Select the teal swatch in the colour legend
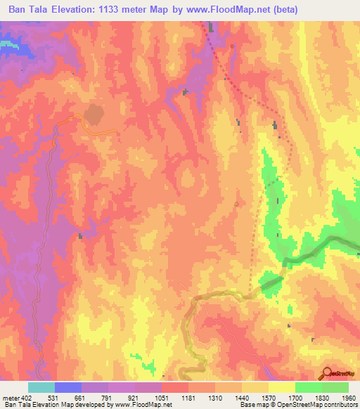41,387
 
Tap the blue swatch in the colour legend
68,387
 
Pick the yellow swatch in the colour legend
281,387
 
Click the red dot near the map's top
233,47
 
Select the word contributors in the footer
340,405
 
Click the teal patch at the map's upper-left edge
7,44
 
